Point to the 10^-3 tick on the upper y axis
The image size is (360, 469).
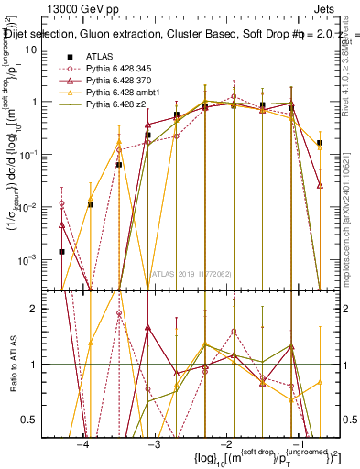click(27, 260)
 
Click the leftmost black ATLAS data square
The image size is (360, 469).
click(61, 251)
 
